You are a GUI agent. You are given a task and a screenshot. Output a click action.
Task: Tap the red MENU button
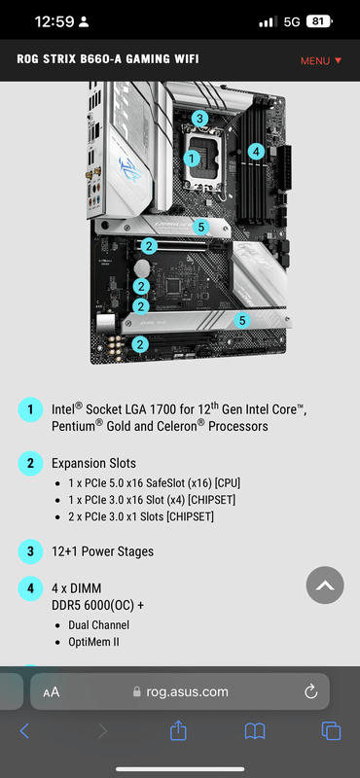click(x=321, y=60)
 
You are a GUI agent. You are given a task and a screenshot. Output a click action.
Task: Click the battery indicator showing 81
click(x=320, y=21)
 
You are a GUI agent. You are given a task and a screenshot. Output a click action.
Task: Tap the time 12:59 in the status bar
click(x=54, y=21)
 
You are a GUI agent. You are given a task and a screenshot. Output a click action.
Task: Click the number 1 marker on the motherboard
click(x=192, y=159)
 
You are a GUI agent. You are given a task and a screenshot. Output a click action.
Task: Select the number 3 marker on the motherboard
click(x=199, y=119)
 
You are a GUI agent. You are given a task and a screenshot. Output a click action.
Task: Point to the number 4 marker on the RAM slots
click(x=256, y=151)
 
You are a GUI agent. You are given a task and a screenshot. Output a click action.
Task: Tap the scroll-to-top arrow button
click(x=325, y=585)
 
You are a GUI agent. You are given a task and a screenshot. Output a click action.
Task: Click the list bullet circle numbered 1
click(x=31, y=409)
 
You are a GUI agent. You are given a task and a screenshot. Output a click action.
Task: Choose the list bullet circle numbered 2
click(x=31, y=464)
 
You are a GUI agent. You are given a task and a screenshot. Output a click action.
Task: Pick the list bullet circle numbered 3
click(x=31, y=551)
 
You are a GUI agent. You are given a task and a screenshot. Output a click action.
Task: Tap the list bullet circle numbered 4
click(x=31, y=588)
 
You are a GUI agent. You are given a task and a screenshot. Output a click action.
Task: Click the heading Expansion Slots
click(x=93, y=464)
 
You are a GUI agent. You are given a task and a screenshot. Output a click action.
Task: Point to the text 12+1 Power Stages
click(x=103, y=551)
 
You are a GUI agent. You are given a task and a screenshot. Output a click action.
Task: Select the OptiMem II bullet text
click(x=93, y=642)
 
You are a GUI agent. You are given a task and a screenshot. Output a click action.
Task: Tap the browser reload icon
click(x=310, y=691)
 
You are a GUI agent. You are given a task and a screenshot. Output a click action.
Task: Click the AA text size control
click(x=52, y=692)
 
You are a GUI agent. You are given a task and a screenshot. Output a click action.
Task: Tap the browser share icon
click(x=178, y=730)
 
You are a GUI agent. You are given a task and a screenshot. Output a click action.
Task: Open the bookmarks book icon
click(x=255, y=731)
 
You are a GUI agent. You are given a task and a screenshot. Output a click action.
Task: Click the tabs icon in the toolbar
click(x=331, y=731)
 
